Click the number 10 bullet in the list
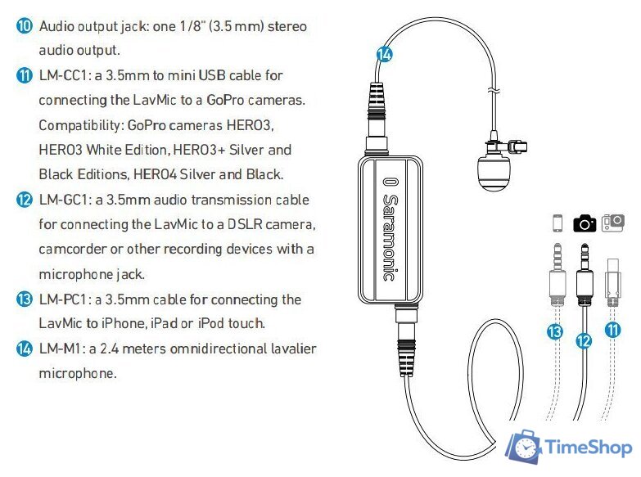24,25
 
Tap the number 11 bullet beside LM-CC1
24,75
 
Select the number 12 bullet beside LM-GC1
24,200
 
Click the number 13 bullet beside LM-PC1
24,299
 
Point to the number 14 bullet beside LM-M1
24,349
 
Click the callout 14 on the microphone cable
384,54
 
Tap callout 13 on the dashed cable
555,331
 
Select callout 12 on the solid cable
584,340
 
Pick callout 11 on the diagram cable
613,331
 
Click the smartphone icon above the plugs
557,223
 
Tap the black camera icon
585,223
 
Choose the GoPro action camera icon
613,223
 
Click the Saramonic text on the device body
390,229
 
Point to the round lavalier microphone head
494,173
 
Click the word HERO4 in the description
156,174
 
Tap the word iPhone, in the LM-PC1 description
124,323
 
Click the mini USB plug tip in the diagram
613,266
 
